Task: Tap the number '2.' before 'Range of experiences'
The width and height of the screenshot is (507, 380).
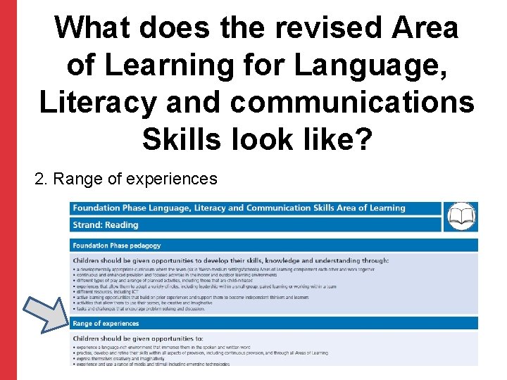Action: [42, 179]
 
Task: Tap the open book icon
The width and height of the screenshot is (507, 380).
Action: [461, 217]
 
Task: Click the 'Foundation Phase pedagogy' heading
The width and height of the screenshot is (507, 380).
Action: [117, 246]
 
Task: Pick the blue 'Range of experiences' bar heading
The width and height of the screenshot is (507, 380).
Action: [106, 324]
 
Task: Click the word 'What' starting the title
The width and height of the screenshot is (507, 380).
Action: [92, 28]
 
